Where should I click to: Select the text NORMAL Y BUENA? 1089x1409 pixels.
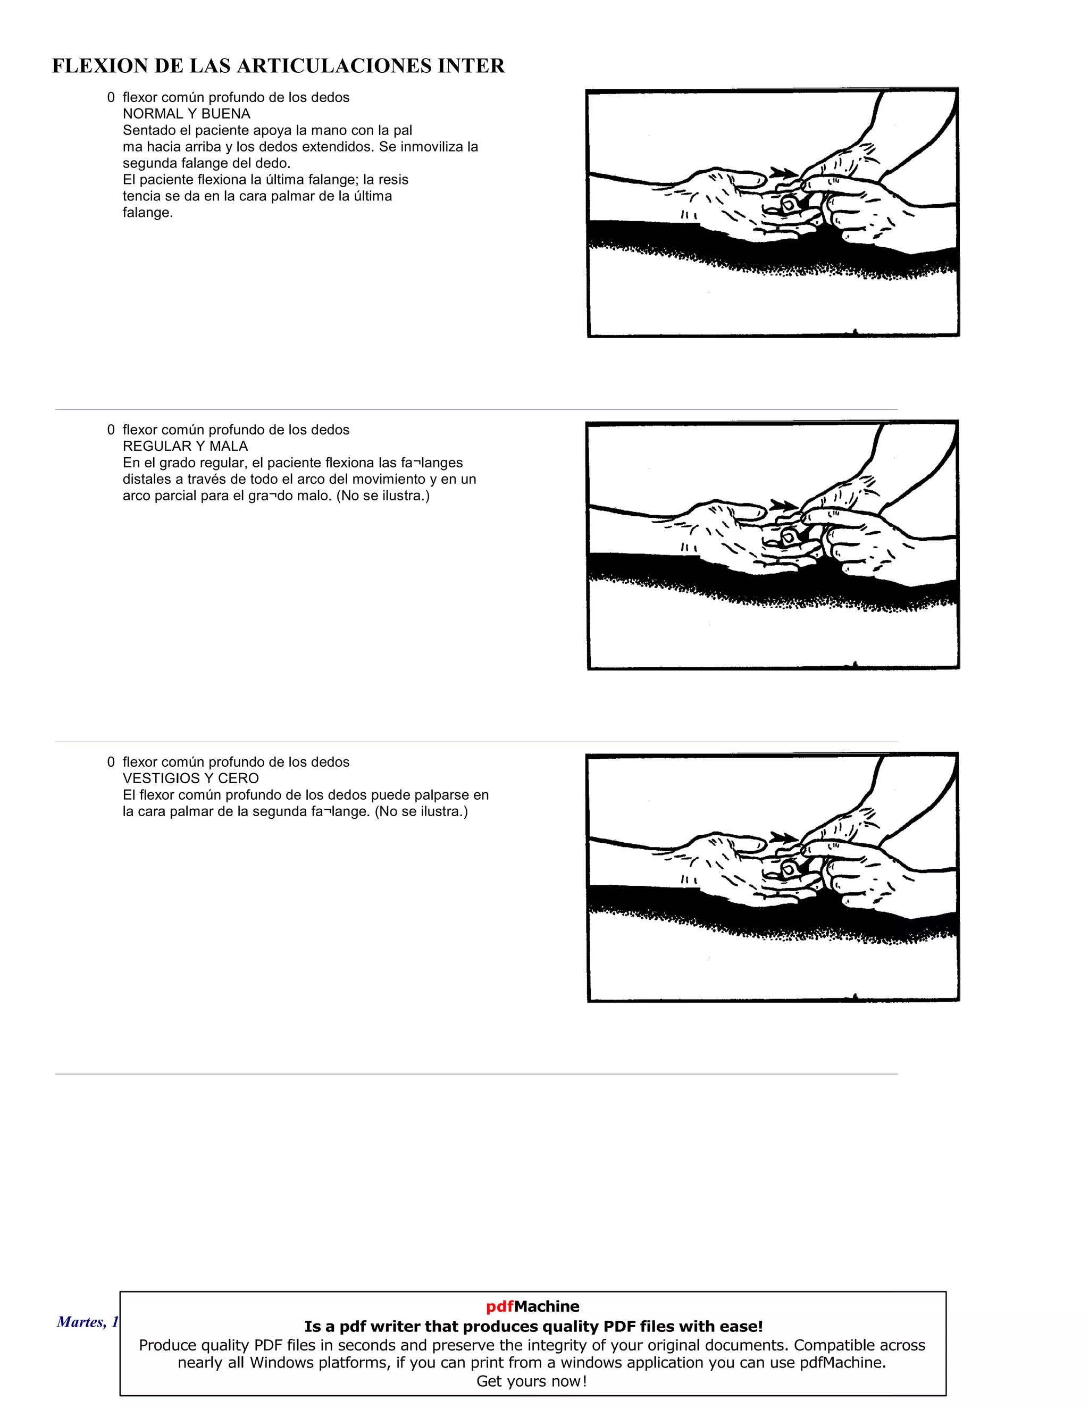187,114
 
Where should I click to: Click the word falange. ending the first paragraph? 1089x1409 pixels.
148,213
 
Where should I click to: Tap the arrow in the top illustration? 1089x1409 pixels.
783,173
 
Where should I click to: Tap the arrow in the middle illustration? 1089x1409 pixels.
783,506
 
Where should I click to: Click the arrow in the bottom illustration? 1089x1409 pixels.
783,838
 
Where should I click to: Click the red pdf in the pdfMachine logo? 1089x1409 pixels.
499,1306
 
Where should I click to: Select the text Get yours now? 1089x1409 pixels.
532,1381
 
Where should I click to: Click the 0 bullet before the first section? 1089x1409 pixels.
111,97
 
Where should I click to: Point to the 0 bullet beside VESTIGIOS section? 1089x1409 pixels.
111,762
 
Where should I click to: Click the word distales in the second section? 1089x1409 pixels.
146,480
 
